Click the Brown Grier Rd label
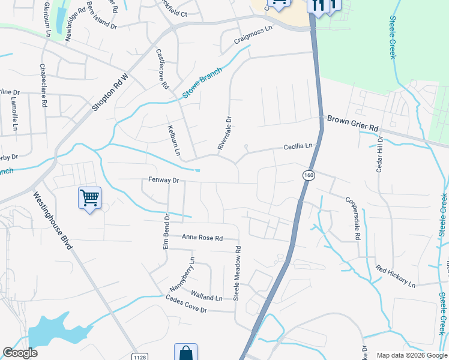(x=353, y=124)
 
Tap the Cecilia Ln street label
(x=298, y=146)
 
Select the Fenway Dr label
(x=164, y=180)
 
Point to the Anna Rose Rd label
(x=202, y=238)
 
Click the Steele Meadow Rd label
(x=237, y=273)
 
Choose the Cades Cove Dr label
(x=186, y=305)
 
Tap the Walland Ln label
(x=206, y=295)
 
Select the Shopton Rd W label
(x=110, y=92)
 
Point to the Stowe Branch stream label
(x=202, y=83)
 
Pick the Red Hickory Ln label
(x=396, y=276)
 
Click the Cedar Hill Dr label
(x=379, y=154)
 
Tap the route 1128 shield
(x=139, y=356)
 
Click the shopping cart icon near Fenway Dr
(x=89, y=197)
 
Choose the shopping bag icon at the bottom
(x=185, y=353)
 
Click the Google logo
(x=20, y=353)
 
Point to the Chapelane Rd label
(x=43, y=85)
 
